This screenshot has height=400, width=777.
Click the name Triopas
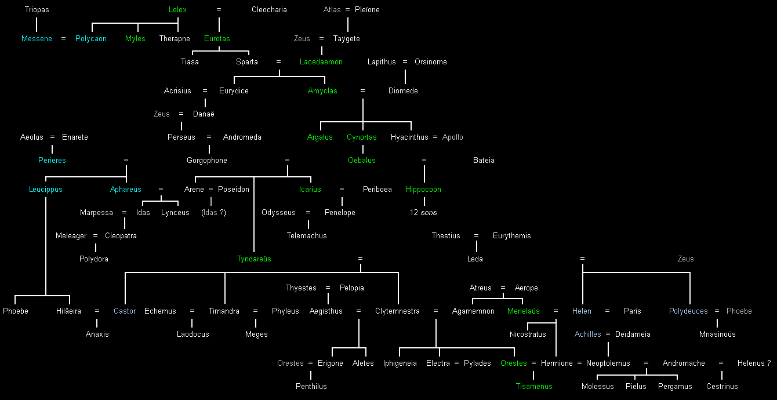[x=37, y=10]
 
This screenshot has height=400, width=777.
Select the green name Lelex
[x=177, y=10]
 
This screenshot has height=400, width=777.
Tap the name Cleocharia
[x=269, y=10]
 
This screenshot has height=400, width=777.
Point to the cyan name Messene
[x=37, y=39]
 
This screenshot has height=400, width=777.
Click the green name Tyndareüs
[x=254, y=259]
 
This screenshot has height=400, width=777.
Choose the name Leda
[x=475, y=259]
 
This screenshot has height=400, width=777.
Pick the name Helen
[x=582, y=311]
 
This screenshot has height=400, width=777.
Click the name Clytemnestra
[x=397, y=311]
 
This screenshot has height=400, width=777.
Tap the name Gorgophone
[x=207, y=161]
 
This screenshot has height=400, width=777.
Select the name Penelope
[x=340, y=213]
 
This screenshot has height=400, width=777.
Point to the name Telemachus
[x=307, y=236]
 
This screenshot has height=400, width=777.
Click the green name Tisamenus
[x=534, y=387]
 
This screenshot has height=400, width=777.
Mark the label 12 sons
[x=423, y=213]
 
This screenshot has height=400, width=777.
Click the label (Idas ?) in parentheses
[x=213, y=213]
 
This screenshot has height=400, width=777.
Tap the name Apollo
[x=453, y=137]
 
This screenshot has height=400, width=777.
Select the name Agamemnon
[x=473, y=311]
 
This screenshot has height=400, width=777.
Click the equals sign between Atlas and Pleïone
[x=347, y=10]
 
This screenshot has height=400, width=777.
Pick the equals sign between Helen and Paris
[x=607, y=311]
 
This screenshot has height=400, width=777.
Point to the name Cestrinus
[x=722, y=387]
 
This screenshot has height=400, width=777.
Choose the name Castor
[x=125, y=311]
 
